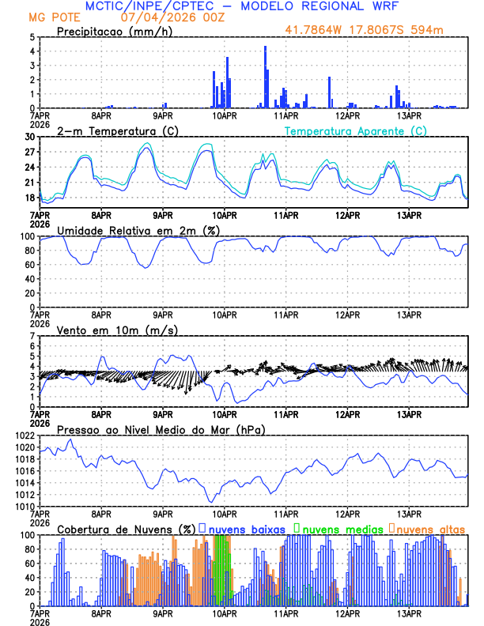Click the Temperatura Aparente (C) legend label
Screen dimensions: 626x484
pos(356,130)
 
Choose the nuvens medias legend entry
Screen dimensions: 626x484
pos(338,529)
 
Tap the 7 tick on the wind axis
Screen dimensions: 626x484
pos(32,336)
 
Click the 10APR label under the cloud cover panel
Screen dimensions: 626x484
pos(225,613)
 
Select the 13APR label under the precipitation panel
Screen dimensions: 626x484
pos(410,115)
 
